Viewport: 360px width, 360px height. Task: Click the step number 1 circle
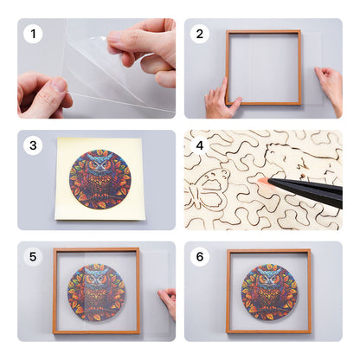34,35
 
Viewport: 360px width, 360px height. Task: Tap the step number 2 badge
201,35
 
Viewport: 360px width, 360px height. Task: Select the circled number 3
34,145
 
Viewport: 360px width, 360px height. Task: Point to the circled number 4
201,145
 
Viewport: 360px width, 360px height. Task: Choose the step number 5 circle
34,257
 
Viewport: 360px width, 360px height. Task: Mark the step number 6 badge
201,257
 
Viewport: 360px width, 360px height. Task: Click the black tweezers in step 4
307,188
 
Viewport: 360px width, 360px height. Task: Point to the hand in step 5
168,303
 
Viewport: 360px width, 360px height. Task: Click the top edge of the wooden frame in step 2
263,32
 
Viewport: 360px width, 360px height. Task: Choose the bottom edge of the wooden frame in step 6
269,331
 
